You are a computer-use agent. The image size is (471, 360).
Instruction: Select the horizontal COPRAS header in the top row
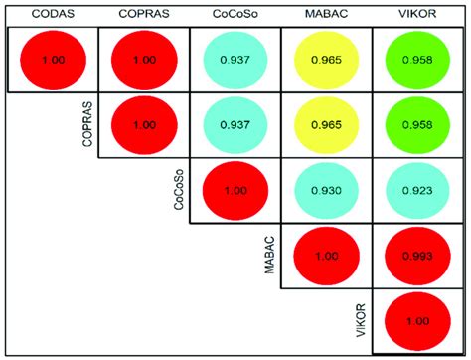144,13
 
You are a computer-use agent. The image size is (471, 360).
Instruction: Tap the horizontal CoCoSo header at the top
235,13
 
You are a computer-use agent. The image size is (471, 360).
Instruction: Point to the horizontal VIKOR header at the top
416,13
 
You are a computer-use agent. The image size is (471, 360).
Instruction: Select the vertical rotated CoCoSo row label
179,189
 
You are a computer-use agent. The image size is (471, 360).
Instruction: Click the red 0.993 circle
417,256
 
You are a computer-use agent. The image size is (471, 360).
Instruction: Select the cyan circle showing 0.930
326,189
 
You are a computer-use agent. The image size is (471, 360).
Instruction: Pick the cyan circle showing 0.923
417,189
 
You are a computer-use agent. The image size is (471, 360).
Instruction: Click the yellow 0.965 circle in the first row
326,60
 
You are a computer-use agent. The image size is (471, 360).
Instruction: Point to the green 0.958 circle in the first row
417,60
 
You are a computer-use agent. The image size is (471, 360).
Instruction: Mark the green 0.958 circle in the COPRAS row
417,124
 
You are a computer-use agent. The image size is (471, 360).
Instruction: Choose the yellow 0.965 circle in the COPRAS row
326,124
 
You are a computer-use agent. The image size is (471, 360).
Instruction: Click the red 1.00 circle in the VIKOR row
417,320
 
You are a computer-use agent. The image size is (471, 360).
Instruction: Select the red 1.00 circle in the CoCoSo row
235,189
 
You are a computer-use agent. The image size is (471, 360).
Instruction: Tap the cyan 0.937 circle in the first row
235,60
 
